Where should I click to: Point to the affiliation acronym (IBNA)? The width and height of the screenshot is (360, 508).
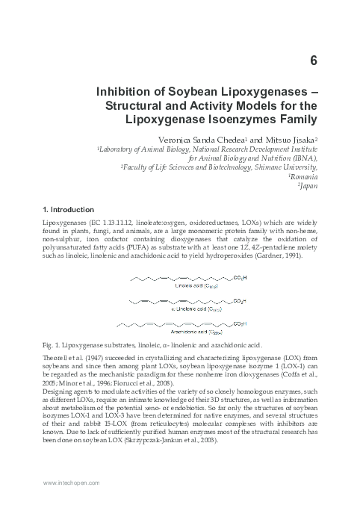[302, 158]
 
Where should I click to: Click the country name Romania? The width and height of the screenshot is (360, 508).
[305, 178]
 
